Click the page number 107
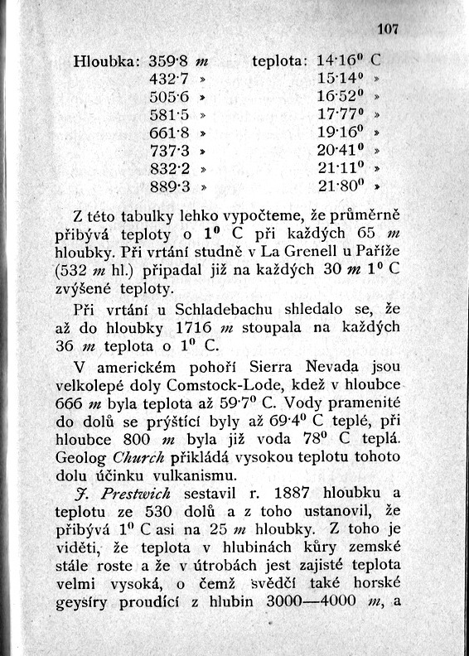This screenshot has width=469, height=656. tap(388, 30)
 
